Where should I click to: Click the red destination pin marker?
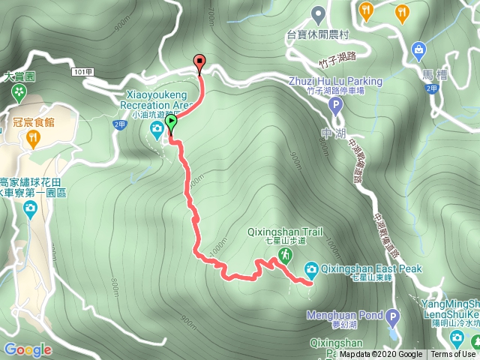click(199, 63)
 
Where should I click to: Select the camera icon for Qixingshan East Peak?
click(310, 269)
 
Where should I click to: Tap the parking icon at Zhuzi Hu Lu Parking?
click(335, 107)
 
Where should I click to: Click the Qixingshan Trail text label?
click(285, 232)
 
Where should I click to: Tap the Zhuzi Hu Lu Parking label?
click(335, 81)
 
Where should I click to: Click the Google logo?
click(28, 349)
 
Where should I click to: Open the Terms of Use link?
click(453, 355)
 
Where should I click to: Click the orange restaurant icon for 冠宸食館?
click(32, 137)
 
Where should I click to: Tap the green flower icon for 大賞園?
click(19, 92)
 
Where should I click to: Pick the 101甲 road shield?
click(83, 71)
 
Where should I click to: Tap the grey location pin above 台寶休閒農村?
click(318, 14)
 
